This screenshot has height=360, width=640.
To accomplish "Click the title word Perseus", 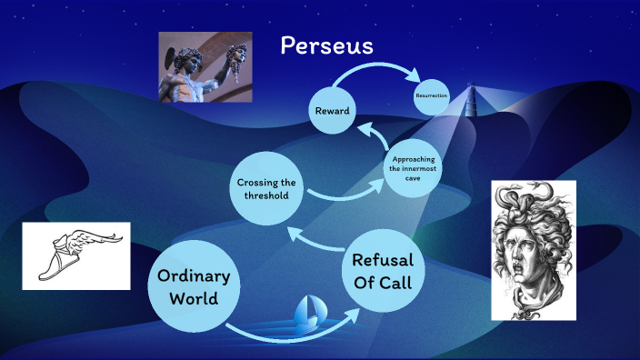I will pyautogui.click(x=326, y=45).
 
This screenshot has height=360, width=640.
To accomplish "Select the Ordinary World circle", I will pyautogui.click(x=194, y=285).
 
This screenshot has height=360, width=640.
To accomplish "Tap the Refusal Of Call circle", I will pyautogui.click(x=383, y=270).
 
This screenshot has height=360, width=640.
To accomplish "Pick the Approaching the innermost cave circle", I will pyautogui.click(x=412, y=169).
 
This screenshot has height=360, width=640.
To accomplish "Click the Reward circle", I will pyautogui.click(x=333, y=111).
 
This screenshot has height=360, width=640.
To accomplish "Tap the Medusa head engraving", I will pyautogui.click(x=534, y=250).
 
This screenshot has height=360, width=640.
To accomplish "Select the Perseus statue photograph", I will pyautogui.click(x=192, y=67).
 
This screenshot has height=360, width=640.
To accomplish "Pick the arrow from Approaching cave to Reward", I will pyautogui.click(x=373, y=138).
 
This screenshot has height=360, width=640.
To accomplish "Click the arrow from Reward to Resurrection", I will pyautogui.click(x=382, y=71).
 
